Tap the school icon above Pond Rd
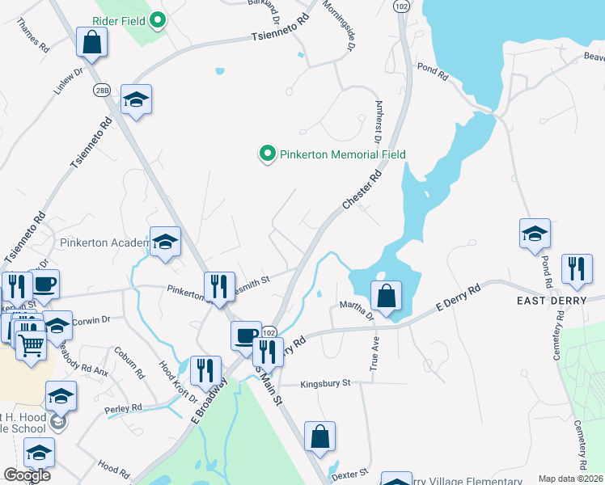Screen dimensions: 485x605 535,233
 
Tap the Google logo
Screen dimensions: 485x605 27,474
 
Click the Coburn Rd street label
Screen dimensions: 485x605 129,363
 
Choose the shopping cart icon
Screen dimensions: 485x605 31,344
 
